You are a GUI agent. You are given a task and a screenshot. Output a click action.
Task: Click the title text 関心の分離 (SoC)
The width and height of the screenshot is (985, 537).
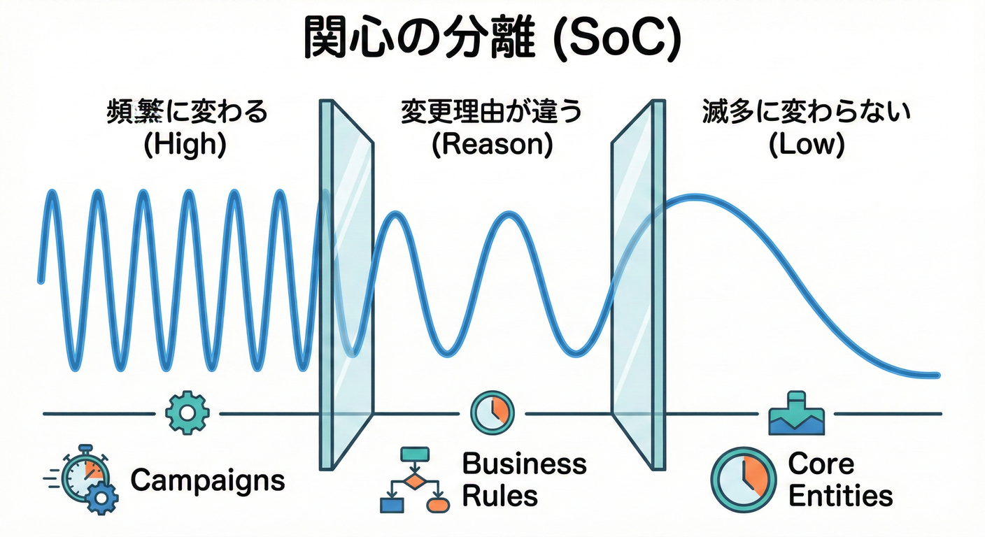(492, 41)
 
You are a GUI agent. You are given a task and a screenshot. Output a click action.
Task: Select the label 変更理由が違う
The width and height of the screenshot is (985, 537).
(491, 113)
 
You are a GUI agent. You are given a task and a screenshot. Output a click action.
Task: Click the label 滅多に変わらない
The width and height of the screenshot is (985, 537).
(805, 113)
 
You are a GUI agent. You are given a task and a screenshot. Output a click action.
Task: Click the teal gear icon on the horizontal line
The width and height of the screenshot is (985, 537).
(187, 413)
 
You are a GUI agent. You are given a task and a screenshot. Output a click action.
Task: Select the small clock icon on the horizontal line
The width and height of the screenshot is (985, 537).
(492, 412)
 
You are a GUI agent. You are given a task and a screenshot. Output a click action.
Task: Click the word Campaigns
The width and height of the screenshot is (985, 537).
(208, 480)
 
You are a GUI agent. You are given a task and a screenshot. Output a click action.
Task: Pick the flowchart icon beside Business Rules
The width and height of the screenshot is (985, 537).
(413, 480)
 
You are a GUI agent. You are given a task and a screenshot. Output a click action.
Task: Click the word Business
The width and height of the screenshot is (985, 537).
(525, 464)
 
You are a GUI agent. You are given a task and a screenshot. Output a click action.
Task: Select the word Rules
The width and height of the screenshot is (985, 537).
(499, 496)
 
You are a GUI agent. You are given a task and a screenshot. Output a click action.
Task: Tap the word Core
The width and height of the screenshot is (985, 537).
(821, 464)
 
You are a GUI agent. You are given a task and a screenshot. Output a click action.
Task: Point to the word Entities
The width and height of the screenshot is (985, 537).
(840, 496)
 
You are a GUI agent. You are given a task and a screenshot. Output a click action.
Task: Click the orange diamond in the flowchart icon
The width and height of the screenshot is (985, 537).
(414, 481)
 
